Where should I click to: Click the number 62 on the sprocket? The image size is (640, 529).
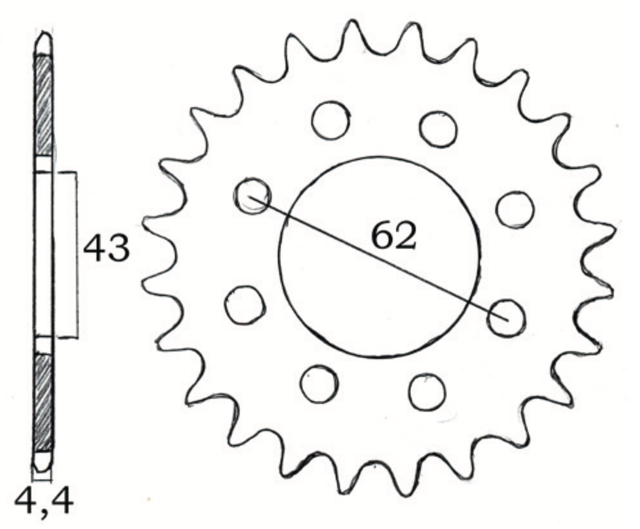point(393,236)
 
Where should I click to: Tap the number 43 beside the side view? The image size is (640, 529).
point(106,248)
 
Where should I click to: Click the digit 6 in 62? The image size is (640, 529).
point(382,236)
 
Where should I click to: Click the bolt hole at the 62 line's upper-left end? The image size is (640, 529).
point(252,196)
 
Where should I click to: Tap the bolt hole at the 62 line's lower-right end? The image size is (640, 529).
point(506,318)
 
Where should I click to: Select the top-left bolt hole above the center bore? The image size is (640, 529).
point(330,120)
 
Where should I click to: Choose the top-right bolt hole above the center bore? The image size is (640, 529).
point(438,129)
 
